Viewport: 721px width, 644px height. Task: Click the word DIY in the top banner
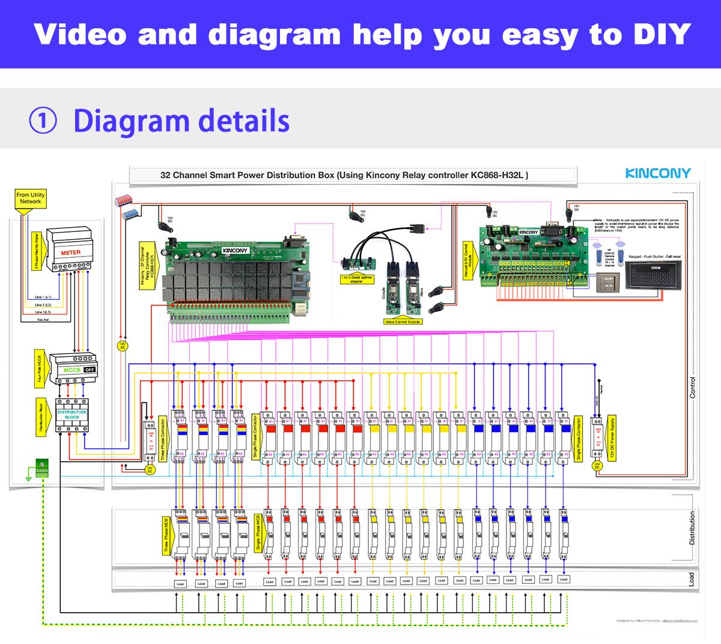pos(662,35)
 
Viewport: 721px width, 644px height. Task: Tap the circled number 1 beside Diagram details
pos(43,121)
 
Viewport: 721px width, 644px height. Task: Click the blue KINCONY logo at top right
pos(658,174)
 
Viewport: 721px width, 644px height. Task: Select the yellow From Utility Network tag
pos(30,199)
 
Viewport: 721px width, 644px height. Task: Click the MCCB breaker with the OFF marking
pos(73,368)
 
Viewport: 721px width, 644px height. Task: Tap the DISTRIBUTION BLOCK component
pos(72,415)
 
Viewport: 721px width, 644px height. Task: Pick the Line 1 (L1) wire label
pos(43,297)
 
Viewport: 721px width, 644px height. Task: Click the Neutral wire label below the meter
pos(43,320)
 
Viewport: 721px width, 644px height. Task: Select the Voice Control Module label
pos(403,322)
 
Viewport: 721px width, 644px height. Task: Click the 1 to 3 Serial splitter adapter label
pos(357,279)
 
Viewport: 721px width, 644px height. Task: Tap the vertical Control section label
pos(692,387)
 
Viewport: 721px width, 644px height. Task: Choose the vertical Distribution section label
pos(692,528)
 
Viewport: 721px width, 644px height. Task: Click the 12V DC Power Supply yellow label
pos(612,437)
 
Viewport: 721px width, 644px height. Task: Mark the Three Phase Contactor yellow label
pos(163,439)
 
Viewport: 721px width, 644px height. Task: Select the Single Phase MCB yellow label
pos(258,532)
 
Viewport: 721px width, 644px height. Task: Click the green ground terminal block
pos(42,468)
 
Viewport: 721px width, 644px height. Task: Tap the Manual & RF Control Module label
pos(467,261)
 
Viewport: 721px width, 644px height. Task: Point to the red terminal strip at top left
pos(123,200)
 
